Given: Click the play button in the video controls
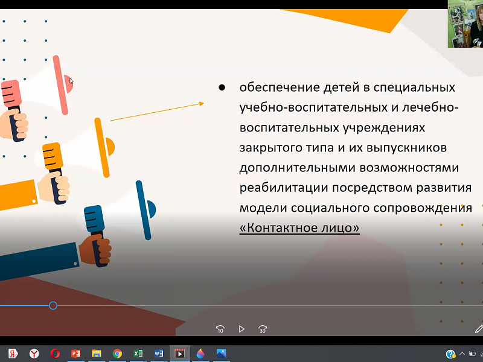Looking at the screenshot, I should point(241,329).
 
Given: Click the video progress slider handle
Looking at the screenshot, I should point(53,306).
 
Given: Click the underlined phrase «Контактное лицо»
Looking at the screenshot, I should point(299,229).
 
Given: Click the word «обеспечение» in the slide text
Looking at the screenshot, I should point(273,87).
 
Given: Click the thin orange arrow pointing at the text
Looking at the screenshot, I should point(157,112).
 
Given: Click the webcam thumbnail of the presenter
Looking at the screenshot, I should point(465,24).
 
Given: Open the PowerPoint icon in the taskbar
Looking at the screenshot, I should point(75,354).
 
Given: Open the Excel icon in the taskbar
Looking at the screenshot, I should point(138,354).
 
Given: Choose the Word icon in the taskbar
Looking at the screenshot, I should point(159,354).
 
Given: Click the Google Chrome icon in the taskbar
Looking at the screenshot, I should point(117,354).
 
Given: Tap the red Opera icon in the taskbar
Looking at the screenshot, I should point(55,354).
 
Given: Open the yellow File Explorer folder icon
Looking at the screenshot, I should point(96,354).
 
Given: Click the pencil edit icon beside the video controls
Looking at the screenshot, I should point(479,329).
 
